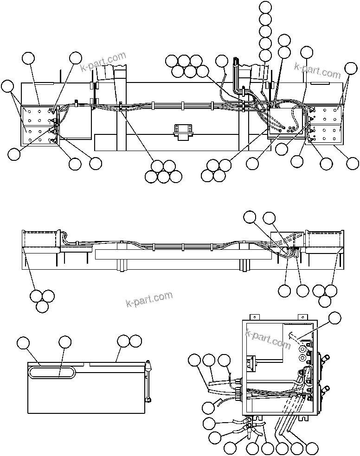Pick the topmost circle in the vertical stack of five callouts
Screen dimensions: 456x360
point(265,7)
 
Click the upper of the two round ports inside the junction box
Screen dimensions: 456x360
point(304,349)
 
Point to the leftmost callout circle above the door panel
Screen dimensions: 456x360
point(23,343)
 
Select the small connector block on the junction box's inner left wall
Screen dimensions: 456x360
point(250,361)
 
